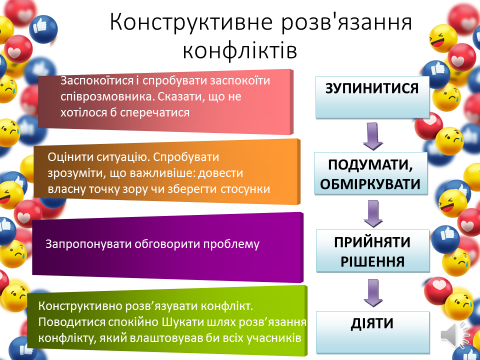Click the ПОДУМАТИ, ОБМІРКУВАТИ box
372,172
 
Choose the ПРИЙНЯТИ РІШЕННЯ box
372,251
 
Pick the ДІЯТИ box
372,324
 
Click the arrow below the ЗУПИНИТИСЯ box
373,133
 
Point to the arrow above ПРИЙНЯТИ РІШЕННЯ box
373,212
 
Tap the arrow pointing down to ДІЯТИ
373,291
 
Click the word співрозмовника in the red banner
98,97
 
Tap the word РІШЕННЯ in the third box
372,261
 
